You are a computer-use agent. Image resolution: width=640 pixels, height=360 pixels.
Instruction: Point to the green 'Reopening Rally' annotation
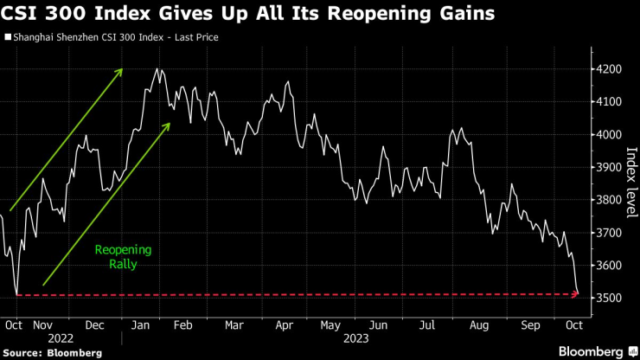tap(123, 257)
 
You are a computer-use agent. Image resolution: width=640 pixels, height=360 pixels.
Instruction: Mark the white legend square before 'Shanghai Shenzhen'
tap(9, 38)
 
